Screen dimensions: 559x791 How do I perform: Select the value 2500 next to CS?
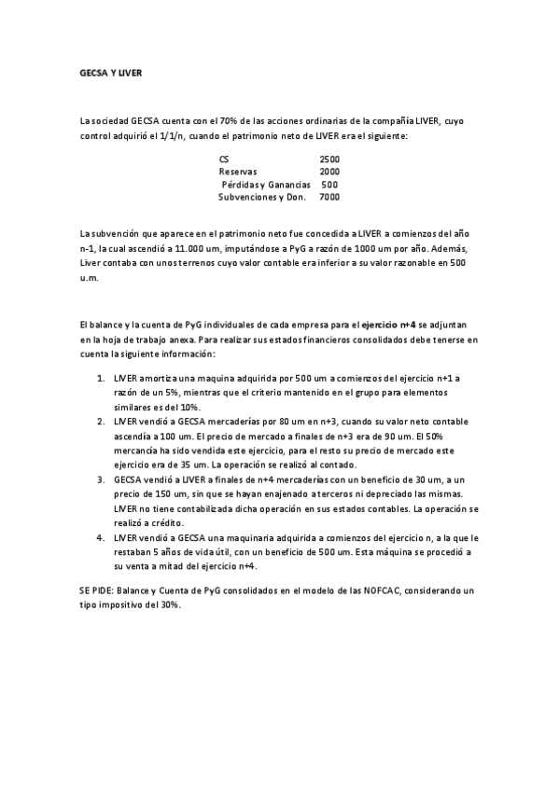(329, 160)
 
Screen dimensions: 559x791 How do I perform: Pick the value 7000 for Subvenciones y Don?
(329, 197)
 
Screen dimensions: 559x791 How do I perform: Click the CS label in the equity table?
(223, 160)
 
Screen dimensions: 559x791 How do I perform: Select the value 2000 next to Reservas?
(329, 172)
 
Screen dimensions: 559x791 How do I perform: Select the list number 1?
(101, 378)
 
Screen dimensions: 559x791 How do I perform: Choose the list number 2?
(101, 422)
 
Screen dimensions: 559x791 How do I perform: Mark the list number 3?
(101, 479)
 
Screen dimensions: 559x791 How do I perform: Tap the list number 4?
(101, 537)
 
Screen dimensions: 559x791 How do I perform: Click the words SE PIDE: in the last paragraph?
(98, 590)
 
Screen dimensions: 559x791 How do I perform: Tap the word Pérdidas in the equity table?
(241, 185)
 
